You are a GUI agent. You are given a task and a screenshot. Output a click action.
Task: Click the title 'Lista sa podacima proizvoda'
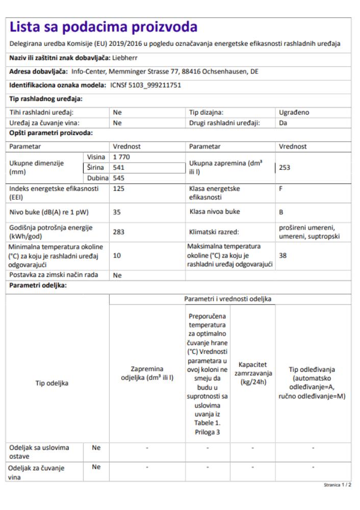point(104,28)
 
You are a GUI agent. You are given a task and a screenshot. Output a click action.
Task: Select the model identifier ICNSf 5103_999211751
point(146,85)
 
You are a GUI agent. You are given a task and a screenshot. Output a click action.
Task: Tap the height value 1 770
point(122,157)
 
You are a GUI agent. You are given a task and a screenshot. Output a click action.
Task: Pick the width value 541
point(119,167)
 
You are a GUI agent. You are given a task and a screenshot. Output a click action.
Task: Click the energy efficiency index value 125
point(119,188)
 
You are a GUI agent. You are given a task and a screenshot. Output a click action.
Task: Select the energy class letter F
point(281,188)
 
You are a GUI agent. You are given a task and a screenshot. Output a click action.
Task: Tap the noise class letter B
point(281,211)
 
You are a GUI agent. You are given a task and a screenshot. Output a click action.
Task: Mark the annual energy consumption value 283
point(119,231)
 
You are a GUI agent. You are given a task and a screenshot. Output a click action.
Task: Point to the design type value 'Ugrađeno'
point(293,112)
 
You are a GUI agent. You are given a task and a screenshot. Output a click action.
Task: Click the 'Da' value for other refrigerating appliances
point(284,123)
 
